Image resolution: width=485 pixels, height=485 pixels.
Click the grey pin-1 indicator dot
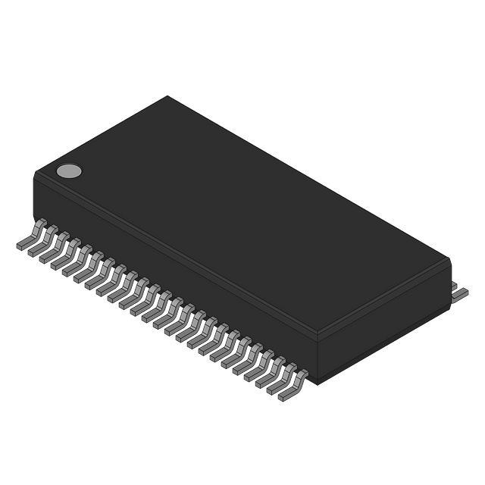[69, 171]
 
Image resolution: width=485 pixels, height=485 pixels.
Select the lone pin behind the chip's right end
[459, 293]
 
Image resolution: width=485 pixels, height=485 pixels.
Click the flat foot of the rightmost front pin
[286, 395]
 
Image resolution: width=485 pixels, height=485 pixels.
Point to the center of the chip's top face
[242, 216]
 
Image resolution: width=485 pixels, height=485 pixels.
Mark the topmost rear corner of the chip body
[167, 97]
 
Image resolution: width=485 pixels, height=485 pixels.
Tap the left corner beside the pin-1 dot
[36, 175]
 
